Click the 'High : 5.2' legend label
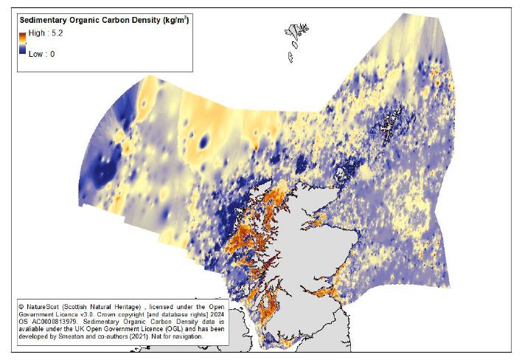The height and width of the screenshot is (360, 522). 46,34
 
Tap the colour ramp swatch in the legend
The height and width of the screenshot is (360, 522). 22,44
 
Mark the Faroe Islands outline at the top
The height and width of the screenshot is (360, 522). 298,34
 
